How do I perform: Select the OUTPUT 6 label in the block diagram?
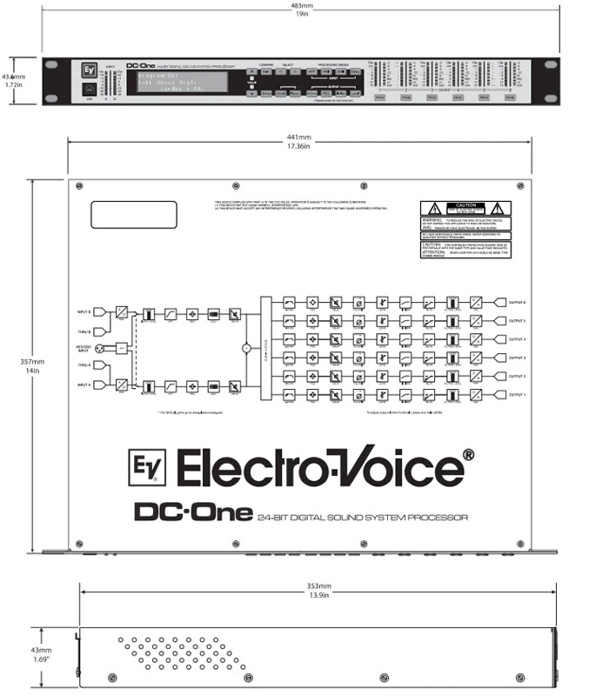pos(519,303)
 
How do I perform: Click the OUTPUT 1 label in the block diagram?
pos(519,394)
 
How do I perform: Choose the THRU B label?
pos(84,331)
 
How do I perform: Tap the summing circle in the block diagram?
pos(246,348)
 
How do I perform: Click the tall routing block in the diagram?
pos(265,348)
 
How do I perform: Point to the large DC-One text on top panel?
pos(193,512)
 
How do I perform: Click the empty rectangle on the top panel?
pos(133,216)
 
